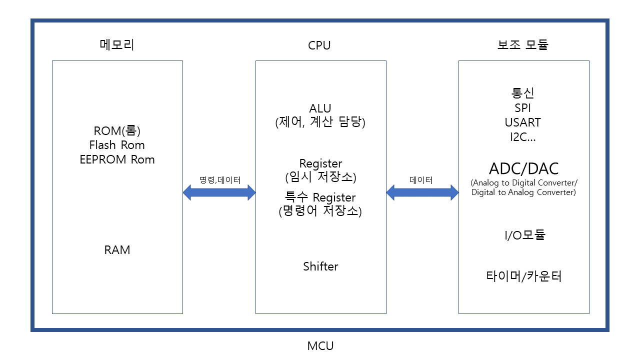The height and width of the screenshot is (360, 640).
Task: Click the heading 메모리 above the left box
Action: (117, 45)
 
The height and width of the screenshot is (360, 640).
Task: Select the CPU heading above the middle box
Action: (319, 45)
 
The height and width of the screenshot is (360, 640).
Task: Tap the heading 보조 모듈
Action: (523, 45)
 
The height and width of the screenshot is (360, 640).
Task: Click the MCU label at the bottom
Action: (320, 345)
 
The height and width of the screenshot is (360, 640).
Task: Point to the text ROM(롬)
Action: (117, 131)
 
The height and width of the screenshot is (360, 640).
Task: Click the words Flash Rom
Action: (117, 145)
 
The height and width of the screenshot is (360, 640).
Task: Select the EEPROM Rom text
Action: (117, 159)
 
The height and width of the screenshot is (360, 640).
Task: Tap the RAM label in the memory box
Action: (117, 250)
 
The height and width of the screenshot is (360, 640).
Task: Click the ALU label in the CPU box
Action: (320, 108)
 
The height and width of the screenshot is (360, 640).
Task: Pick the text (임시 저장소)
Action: (320, 177)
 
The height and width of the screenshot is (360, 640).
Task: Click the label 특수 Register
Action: (320, 197)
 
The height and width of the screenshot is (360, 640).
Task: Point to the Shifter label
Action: (320, 266)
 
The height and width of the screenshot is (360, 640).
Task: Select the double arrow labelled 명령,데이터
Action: (219, 192)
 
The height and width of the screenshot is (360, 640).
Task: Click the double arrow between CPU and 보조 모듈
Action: (422, 192)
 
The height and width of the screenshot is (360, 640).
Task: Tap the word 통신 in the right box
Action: (523, 93)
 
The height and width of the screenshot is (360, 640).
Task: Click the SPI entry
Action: (523, 108)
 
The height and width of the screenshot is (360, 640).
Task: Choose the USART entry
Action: (523, 122)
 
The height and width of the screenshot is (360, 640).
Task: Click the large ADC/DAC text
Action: (523, 168)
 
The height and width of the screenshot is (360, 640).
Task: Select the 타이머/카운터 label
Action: (523, 276)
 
